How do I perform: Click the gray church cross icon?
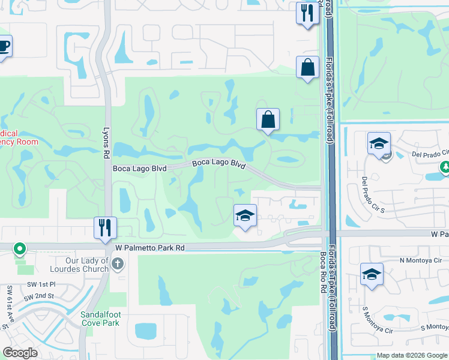pos(118,263)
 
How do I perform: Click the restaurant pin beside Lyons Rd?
pos(105,227)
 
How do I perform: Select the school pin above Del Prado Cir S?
pos(379,143)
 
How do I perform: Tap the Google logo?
pos(20,353)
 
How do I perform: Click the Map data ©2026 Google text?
pos(411,355)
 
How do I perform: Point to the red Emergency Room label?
pos(19,137)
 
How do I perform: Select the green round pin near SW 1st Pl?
pos(19,248)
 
